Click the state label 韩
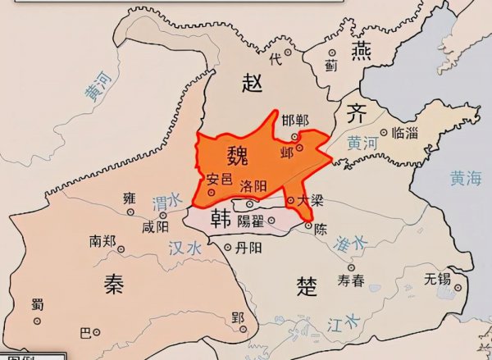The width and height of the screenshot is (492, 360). pos(221,217)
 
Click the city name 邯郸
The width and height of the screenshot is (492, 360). pos(295,121)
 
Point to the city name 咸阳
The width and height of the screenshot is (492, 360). pos(156,226)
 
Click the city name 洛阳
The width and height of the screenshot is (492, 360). pos(253,186)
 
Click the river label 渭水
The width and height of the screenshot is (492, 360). pos(166,202)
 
